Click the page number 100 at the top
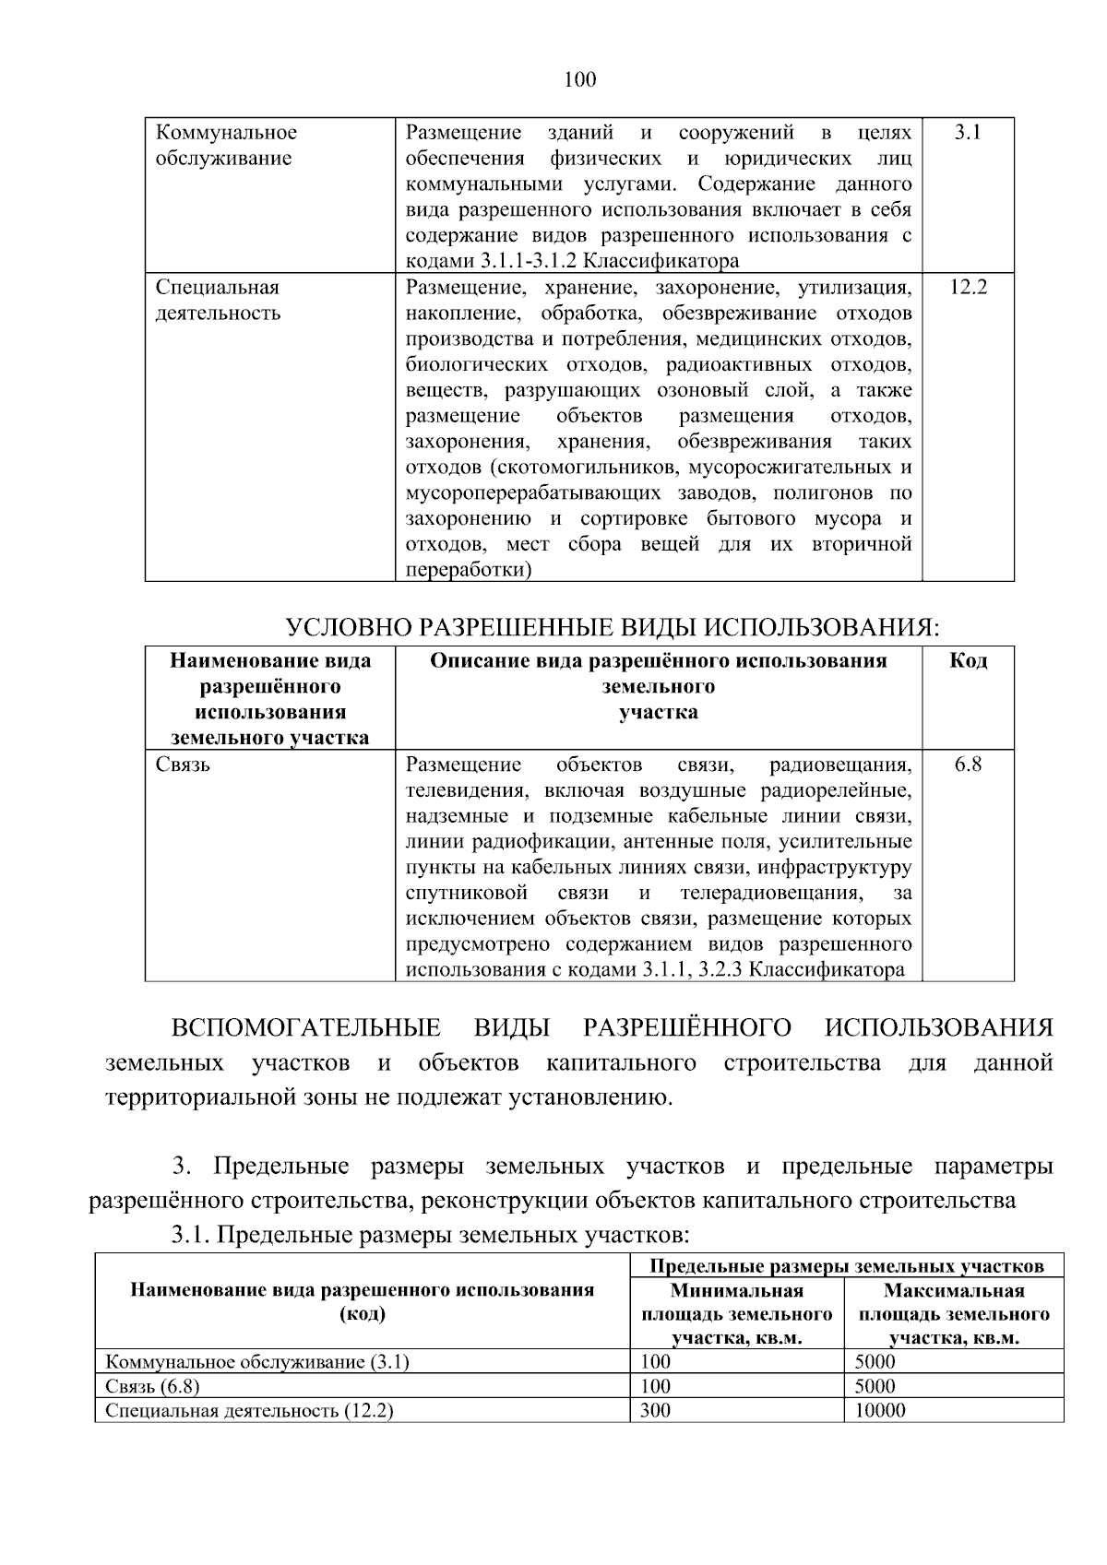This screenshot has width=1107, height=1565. (x=579, y=80)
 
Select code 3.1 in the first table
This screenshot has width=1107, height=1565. (x=967, y=133)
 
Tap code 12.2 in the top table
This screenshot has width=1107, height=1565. (x=968, y=288)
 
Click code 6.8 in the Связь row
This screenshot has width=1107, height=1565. (x=968, y=765)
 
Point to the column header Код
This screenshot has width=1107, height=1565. (x=968, y=661)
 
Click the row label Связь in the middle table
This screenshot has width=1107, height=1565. (x=183, y=765)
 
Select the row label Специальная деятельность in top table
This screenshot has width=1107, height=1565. (x=218, y=301)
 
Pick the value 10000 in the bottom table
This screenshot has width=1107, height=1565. (x=880, y=1410)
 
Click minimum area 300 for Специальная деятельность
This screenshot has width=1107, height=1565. (x=655, y=1410)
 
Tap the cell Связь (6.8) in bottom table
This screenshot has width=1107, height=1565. (x=152, y=1386)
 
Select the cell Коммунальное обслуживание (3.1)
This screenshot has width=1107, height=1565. (x=256, y=1362)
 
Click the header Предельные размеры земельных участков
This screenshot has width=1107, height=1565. (x=846, y=1266)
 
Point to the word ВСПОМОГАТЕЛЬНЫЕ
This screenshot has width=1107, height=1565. (x=305, y=1028)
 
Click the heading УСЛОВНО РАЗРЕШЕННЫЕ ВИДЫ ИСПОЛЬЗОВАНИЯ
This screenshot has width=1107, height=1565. (x=612, y=629)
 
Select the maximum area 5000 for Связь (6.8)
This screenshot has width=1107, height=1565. (x=875, y=1386)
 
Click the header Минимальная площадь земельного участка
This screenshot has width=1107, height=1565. (x=736, y=1314)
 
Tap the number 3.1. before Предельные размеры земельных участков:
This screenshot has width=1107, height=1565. (x=191, y=1235)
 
